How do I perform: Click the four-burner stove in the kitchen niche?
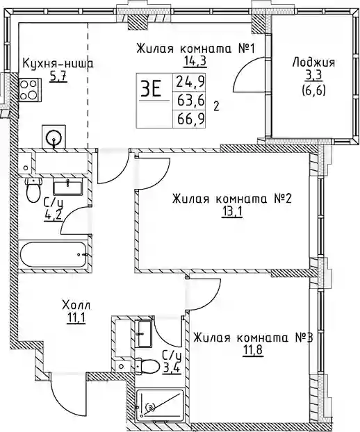(30, 90)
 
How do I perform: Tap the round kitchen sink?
(54, 137)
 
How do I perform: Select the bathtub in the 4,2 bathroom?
(54, 254)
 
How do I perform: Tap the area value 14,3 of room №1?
(195, 61)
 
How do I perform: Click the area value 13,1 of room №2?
(232, 212)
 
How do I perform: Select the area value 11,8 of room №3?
(253, 351)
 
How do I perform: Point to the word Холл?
(76, 306)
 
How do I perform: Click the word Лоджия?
(313, 63)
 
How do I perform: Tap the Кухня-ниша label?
(58, 64)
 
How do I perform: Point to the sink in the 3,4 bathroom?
(145, 333)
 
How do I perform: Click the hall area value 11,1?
(76, 319)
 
